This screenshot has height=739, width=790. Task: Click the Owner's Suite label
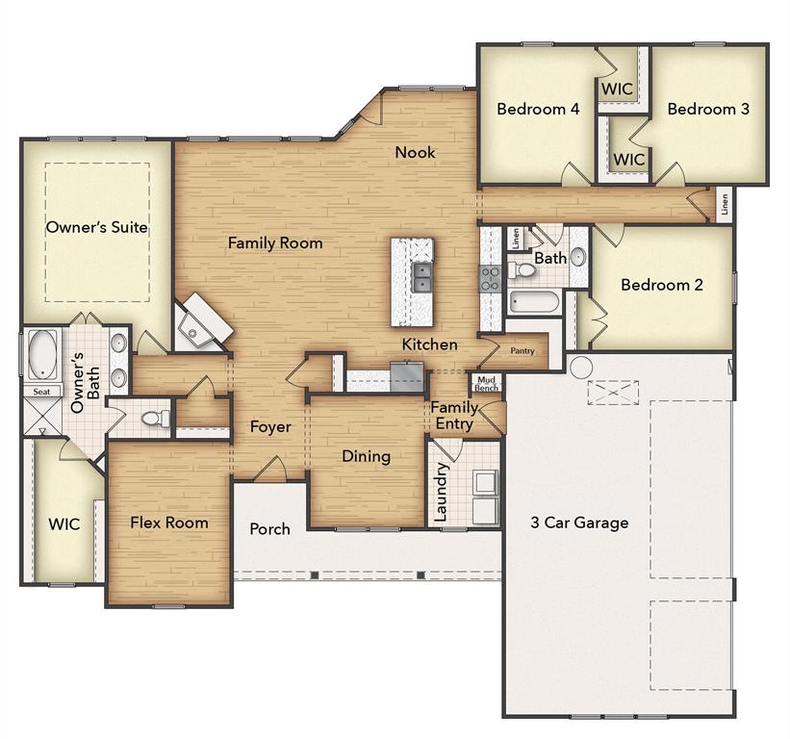(x=97, y=228)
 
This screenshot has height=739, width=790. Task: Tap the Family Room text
(x=275, y=243)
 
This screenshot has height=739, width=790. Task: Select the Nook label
(x=415, y=152)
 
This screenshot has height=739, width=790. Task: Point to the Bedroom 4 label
(x=538, y=110)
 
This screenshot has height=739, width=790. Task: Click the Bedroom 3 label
(x=708, y=110)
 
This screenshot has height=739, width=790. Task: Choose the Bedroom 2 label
(x=661, y=285)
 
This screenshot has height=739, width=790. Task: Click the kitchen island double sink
(x=422, y=277)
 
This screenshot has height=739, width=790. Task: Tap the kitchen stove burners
(x=490, y=279)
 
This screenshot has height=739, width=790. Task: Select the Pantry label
(x=522, y=352)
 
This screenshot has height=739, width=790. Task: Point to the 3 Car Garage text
(x=579, y=523)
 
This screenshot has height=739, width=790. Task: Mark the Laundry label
(x=441, y=493)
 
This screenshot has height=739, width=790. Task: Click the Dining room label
(x=366, y=456)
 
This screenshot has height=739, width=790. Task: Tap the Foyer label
(x=270, y=427)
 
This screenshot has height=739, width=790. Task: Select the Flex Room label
(x=169, y=523)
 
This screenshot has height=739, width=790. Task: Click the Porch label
(x=269, y=529)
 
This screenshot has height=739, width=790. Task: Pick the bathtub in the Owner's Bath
(x=43, y=355)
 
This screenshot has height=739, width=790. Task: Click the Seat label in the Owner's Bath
(x=42, y=393)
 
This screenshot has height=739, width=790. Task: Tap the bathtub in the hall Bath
(x=534, y=302)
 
